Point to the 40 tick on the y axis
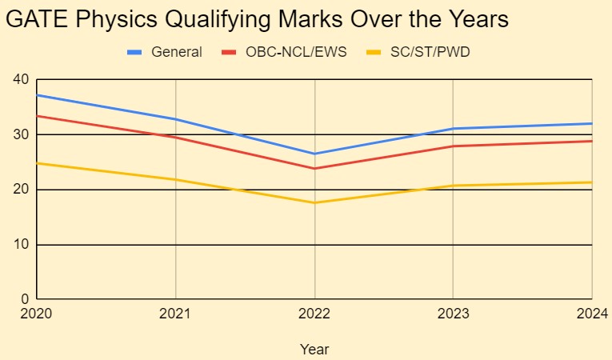[20, 79]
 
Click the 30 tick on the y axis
[20, 134]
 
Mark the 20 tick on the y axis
[20, 190]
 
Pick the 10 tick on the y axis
[20, 245]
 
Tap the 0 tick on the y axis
[24, 299]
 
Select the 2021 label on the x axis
[175, 314]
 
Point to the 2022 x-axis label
[314, 314]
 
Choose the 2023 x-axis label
[453, 314]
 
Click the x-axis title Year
[314, 349]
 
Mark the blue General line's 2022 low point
[314, 154]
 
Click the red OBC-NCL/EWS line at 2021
[175, 138]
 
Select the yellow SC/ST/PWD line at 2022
[314, 202]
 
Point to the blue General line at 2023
[453, 129]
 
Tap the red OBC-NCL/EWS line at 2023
[453, 146]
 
